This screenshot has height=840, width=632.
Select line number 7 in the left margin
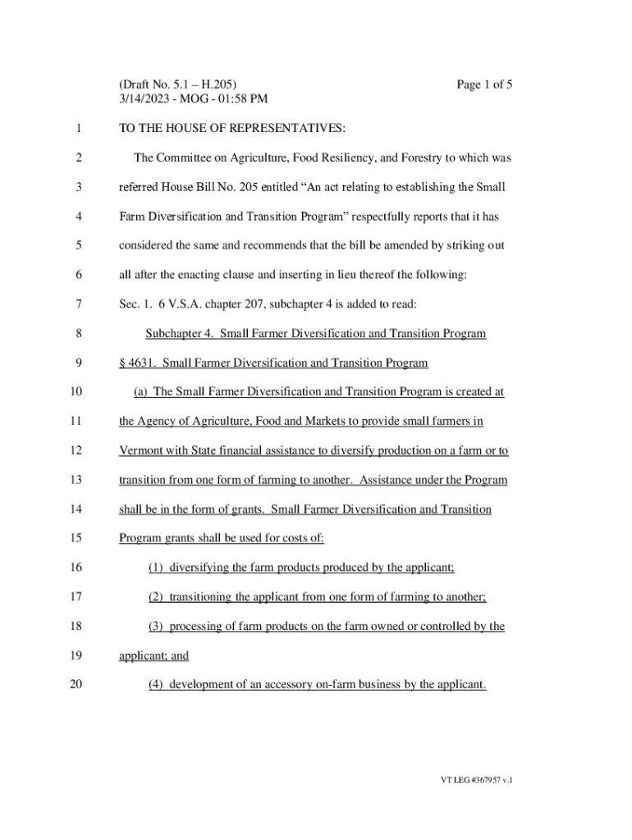click(78, 304)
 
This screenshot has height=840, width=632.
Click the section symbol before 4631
click(122, 363)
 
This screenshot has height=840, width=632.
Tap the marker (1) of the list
click(156, 568)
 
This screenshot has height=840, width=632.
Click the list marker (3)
click(156, 627)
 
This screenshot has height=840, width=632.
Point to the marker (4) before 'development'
click(156, 685)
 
